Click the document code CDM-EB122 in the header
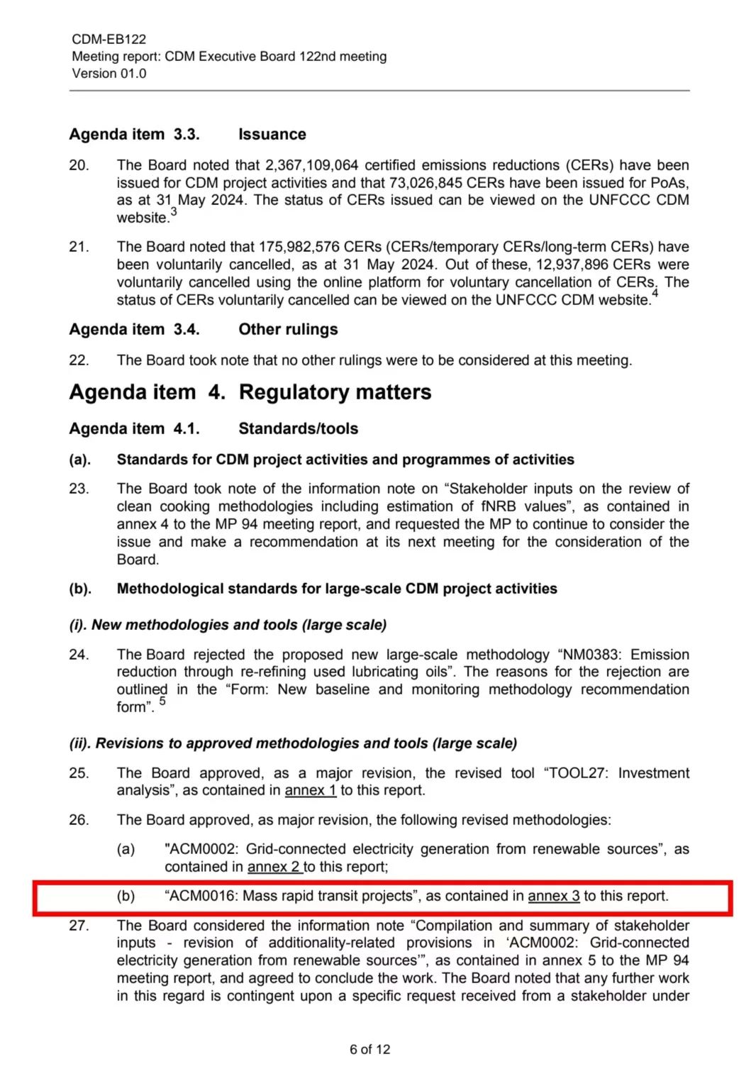click(x=109, y=39)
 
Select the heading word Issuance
click(x=272, y=134)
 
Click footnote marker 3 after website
click(x=174, y=212)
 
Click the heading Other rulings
click(x=288, y=329)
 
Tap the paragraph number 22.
click(x=79, y=360)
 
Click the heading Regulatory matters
click(x=335, y=392)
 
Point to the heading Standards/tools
click(x=298, y=428)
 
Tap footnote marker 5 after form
click(x=162, y=702)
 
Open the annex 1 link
click(x=311, y=790)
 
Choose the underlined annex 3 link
click(x=553, y=896)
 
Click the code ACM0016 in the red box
click(x=201, y=896)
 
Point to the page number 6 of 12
click(x=369, y=1049)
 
